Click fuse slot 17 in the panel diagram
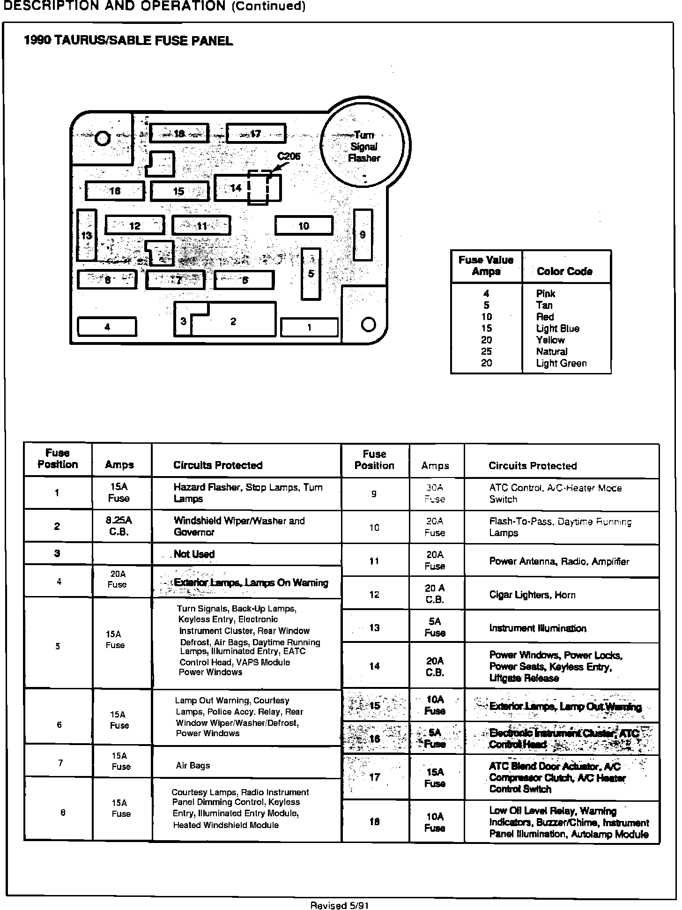click(256, 134)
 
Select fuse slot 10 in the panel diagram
click(304, 226)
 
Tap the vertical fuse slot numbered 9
click(363, 235)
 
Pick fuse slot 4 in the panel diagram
click(107, 327)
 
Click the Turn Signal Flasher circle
click(364, 146)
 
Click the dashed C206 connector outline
click(259, 187)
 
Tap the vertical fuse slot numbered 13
click(87, 235)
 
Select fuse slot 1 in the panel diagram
click(309, 327)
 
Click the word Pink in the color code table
click(546, 294)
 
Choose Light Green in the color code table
click(561, 363)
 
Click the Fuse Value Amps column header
click(486, 266)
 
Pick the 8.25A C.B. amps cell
click(119, 526)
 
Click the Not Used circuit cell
click(194, 554)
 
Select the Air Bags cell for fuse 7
click(193, 766)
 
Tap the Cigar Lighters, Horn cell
click(532, 595)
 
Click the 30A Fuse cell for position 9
click(435, 493)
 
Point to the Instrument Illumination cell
click(538, 628)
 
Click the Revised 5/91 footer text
click(340, 905)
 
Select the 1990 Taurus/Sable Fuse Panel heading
click(128, 41)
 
